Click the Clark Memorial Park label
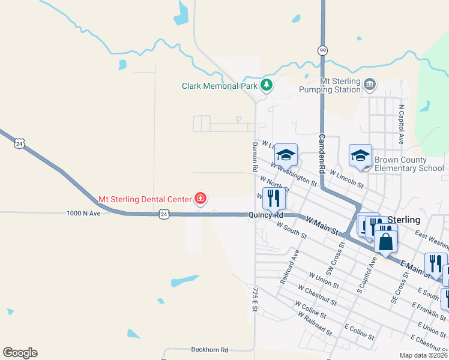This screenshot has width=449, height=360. click(220, 86)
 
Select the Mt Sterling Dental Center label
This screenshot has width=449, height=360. click(145, 199)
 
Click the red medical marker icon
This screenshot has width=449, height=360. click(200, 199)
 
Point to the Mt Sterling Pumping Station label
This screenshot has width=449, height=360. click(340, 85)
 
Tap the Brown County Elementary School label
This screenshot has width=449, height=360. click(409, 164)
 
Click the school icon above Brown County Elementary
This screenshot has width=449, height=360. click(360, 155)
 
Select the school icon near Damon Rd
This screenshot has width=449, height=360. click(286, 155)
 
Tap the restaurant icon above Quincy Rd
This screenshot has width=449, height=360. click(274, 197)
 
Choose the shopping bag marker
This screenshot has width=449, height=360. click(386, 242)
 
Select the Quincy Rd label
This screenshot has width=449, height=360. click(267, 215)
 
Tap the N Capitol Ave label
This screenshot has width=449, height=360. click(401, 125)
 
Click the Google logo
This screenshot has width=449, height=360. click(20, 353)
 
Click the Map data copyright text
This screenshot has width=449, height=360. click(424, 355)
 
